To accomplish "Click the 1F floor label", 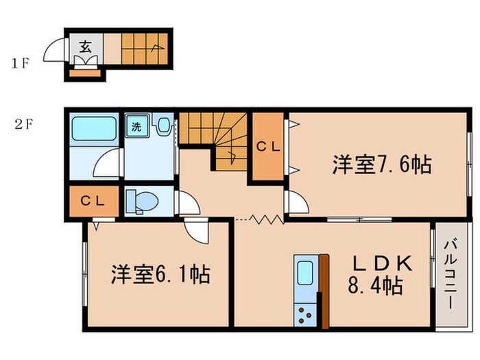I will tap(20, 65).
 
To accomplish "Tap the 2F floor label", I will tap(25, 125).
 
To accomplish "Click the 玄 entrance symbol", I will tap(86, 47).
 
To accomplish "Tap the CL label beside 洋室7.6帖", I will tap(267, 146).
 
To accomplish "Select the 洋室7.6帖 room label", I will tap(381, 165).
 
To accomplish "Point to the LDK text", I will tap(383, 263).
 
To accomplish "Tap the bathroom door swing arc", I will tap(108, 165).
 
